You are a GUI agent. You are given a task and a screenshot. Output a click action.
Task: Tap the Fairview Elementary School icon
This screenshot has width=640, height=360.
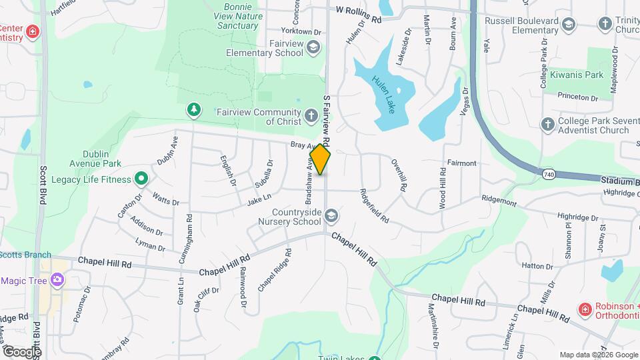pyautogui.click(x=313, y=47)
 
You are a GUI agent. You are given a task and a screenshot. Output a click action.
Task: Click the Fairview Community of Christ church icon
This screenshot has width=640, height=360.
pyautogui.click(x=311, y=117)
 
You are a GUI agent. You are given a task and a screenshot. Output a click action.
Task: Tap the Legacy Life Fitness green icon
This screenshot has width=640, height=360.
pyautogui.click(x=141, y=179)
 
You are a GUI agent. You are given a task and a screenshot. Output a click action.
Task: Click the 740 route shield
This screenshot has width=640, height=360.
pyautogui.click(x=549, y=174)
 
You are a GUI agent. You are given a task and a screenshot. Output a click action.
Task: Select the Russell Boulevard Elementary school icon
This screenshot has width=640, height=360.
pyautogui.click(x=569, y=25)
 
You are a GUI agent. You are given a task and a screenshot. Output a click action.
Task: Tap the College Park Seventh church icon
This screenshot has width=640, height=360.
pyautogui.click(x=548, y=125)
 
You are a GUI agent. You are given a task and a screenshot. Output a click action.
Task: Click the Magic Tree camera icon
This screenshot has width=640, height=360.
pyautogui.click(x=58, y=280)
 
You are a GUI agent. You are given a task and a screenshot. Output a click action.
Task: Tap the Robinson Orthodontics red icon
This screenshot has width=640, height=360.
pyautogui.click(x=585, y=309)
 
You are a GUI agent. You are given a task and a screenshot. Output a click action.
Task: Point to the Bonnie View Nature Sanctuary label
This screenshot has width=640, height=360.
pyautogui.click(x=237, y=16)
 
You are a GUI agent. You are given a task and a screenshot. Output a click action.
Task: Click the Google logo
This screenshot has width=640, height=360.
pyautogui.click(x=22, y=351)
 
